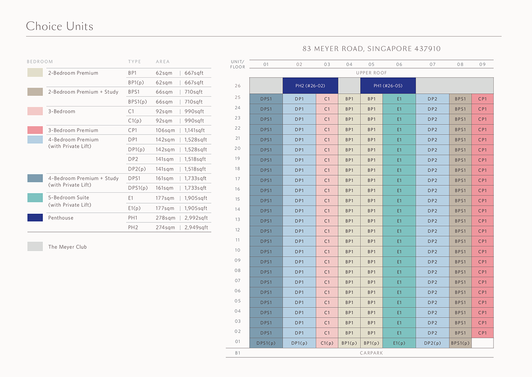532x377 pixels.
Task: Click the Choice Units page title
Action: coord(59,26)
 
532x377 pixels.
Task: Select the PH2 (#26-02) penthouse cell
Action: coord(310,86)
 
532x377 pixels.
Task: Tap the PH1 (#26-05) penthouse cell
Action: coord(388,86)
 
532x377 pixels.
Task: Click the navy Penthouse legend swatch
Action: coord(35,218)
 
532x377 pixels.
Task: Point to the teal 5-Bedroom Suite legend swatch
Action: coord(35,198)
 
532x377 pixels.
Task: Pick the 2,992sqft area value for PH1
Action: coord(196,218)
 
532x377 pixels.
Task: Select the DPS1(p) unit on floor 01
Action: coord(266,343)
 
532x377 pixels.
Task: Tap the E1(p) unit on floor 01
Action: coord(399,343)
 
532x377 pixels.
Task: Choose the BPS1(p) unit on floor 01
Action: coord(460,343)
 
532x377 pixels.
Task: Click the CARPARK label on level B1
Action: coord(371,353)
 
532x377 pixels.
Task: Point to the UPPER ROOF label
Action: coord(371,73)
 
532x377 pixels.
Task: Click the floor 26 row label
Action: coord(237,86)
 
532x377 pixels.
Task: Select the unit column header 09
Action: coord(483,65)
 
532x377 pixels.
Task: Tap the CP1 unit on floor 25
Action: coord(483,99)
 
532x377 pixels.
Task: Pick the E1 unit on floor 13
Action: coord(399,221)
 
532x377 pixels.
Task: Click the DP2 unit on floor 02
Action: coord(432,333)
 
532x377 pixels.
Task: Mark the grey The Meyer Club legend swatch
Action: coord(35,247)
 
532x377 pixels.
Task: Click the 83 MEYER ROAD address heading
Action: coord(371,48)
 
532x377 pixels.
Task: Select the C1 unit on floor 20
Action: coord(327,150)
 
